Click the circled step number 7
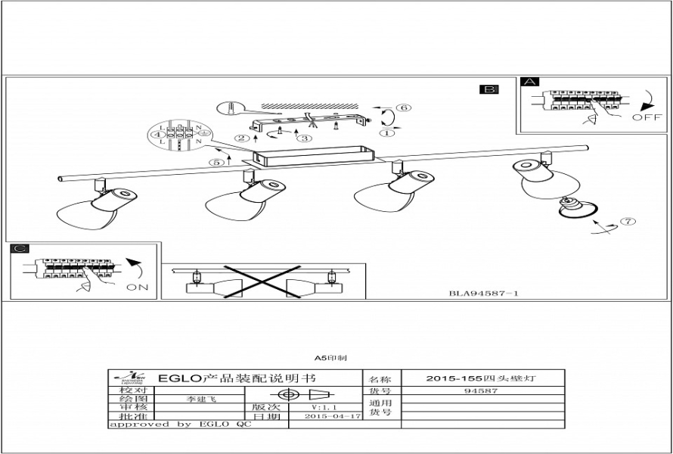pyautogui.click(x=628, y=222)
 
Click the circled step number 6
pyautogui.click(x=405, y=108)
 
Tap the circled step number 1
pyautogui.click(x=389, y=134)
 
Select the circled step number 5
pyautogui.click(x=218, y=161)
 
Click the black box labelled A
pyautogui.click(x=530, y=82)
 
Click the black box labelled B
pyautogui.click(x=489, y=90)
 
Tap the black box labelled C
pyautogui.click(x=20, y=249)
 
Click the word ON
pyautogui.click(x=137, y=288)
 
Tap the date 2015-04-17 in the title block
pyautogui.click(x=327, y=416)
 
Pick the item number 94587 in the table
pyautogui.click(x=480, y=391)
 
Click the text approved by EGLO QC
pyautogui.click(x=180, y=425)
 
